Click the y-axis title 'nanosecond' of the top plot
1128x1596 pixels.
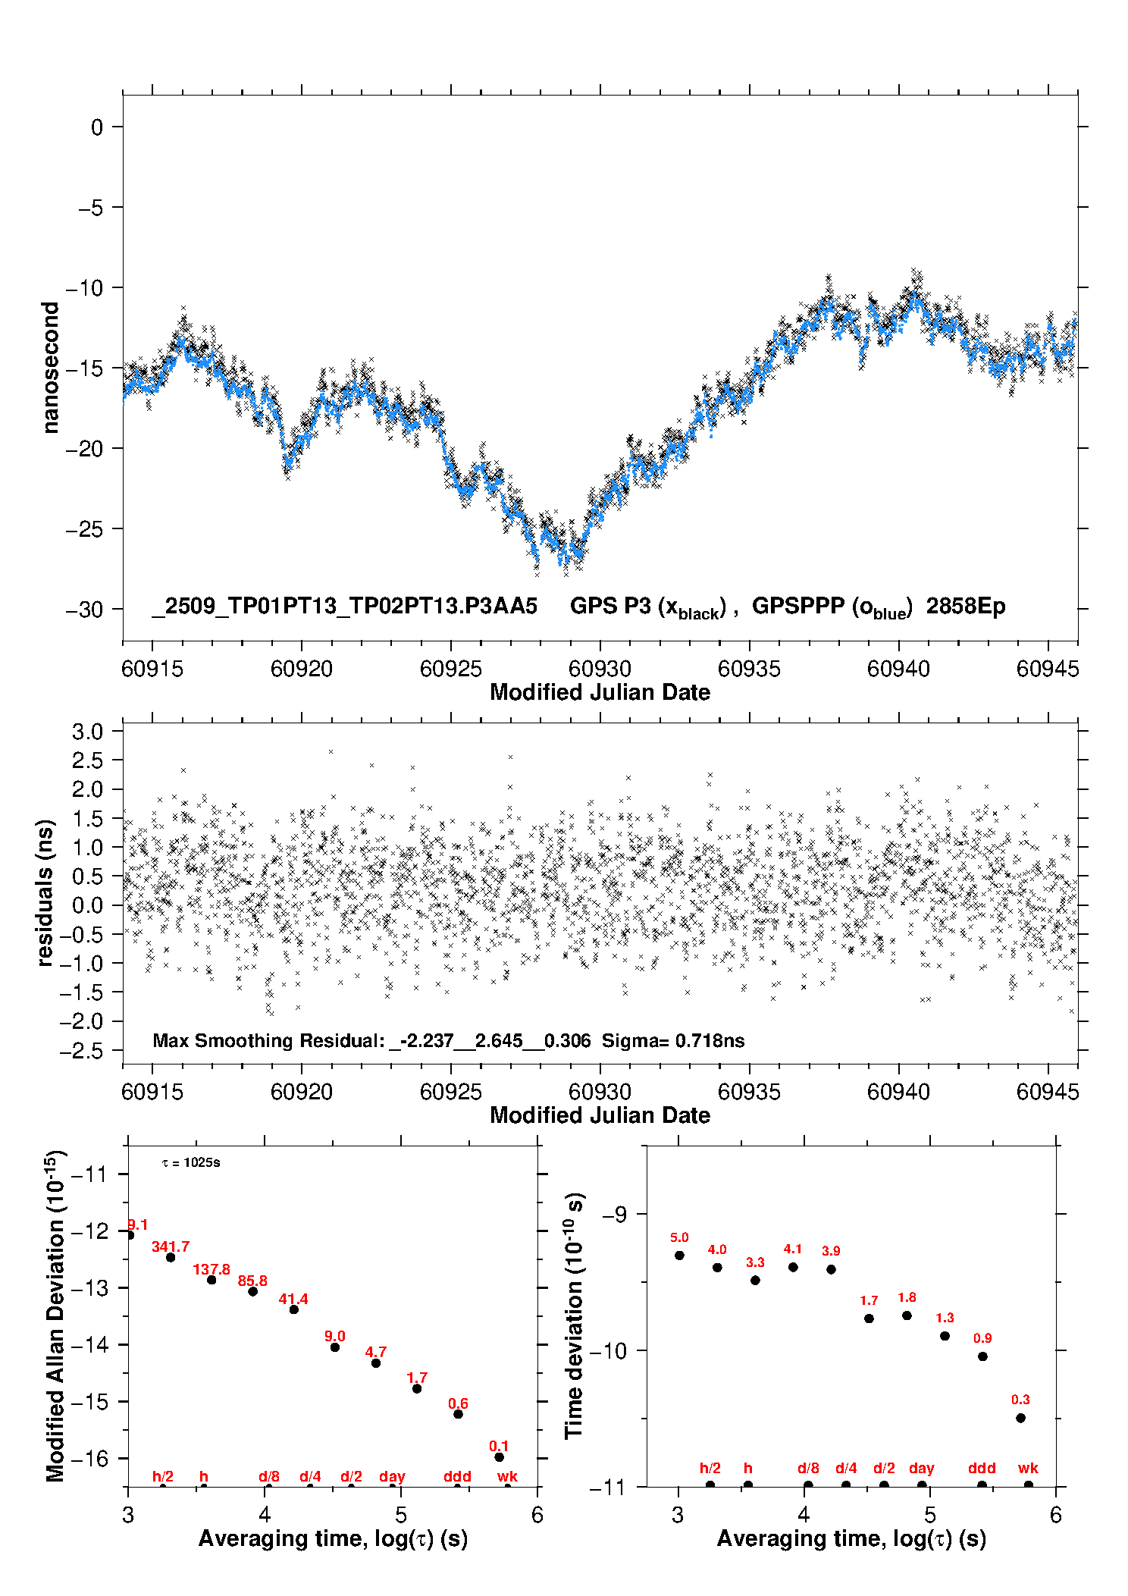pyautogui.click(x=50, y=367)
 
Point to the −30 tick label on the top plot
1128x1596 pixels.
pyautogui.click(x=85, y=610)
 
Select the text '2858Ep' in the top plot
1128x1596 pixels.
pyautogui.click(x=965, y=607)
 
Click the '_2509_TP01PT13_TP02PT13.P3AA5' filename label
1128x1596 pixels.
pyautogui.click(x=344, y=607)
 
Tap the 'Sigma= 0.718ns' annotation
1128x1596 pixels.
pyautogui.click(x=673, y=1040)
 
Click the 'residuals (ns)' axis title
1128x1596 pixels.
pyautogui.click(x=45, y=892)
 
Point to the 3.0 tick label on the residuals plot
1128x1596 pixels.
pyautogui.click(x=87, y=732)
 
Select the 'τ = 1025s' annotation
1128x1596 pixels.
pyautogui.click(x=191, y=1162)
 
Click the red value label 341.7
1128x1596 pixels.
pyautogui.click(x=171, y=1246)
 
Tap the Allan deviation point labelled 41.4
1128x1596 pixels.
pyautogui.click(x=294, y=1309)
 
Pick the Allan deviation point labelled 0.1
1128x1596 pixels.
pyautogui.click(x=499, y=1456)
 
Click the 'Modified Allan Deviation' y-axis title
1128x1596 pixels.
pyautogui.click(x=55, y=1315)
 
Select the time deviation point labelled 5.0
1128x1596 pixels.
pyautogui.click(x=679, y=1255)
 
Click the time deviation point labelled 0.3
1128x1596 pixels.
pyautogui.click(x=1020, y=1418)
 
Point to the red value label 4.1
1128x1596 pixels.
pyautogui.click(x=793, y=1249)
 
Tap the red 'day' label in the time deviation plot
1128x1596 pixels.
pyautogui.click(x=922, y=1468)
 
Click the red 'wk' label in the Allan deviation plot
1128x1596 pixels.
pyautogui.click(x=507, y=1476)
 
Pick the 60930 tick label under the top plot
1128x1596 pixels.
pyautogui.click(x=600, y=669)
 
